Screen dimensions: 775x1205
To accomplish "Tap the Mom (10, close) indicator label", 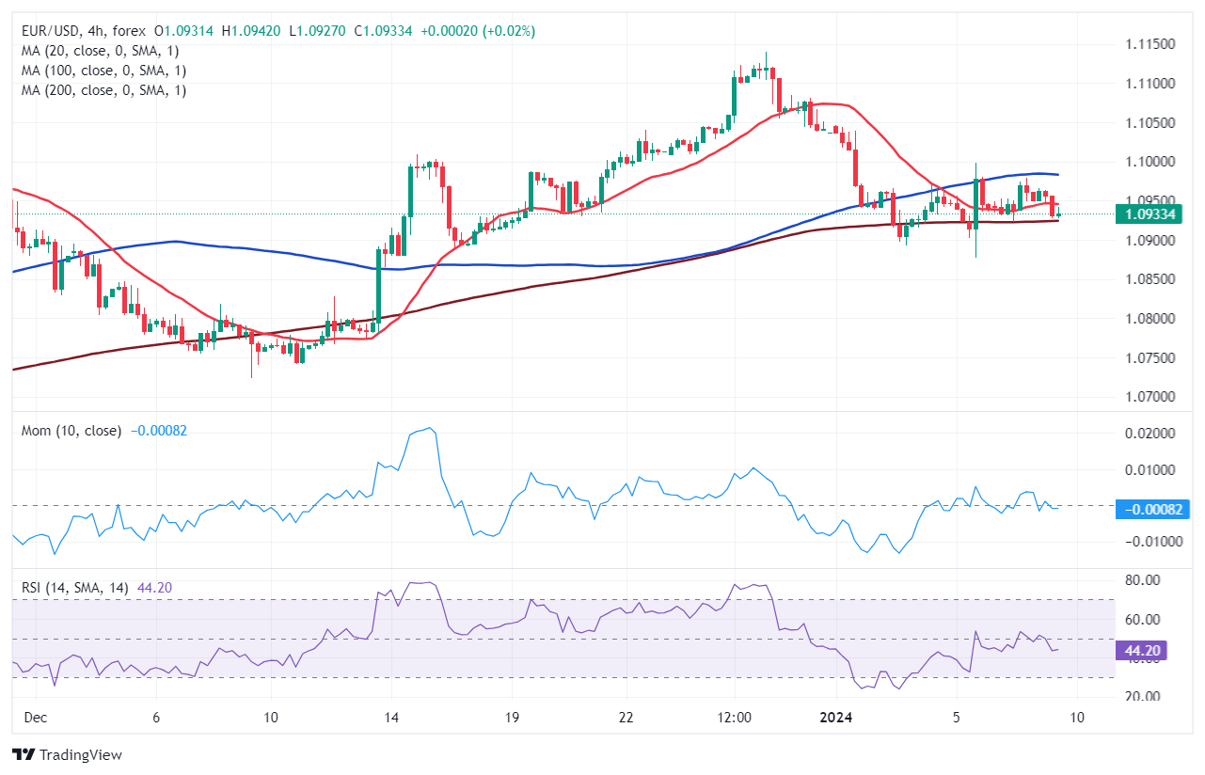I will click(x=71, y=431).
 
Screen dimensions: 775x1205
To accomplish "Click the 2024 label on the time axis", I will click(x=836, y=718).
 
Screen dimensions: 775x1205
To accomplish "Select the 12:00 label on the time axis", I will click(x=734, y=718).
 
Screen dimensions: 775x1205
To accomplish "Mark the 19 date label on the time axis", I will click(x=511, y=718).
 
